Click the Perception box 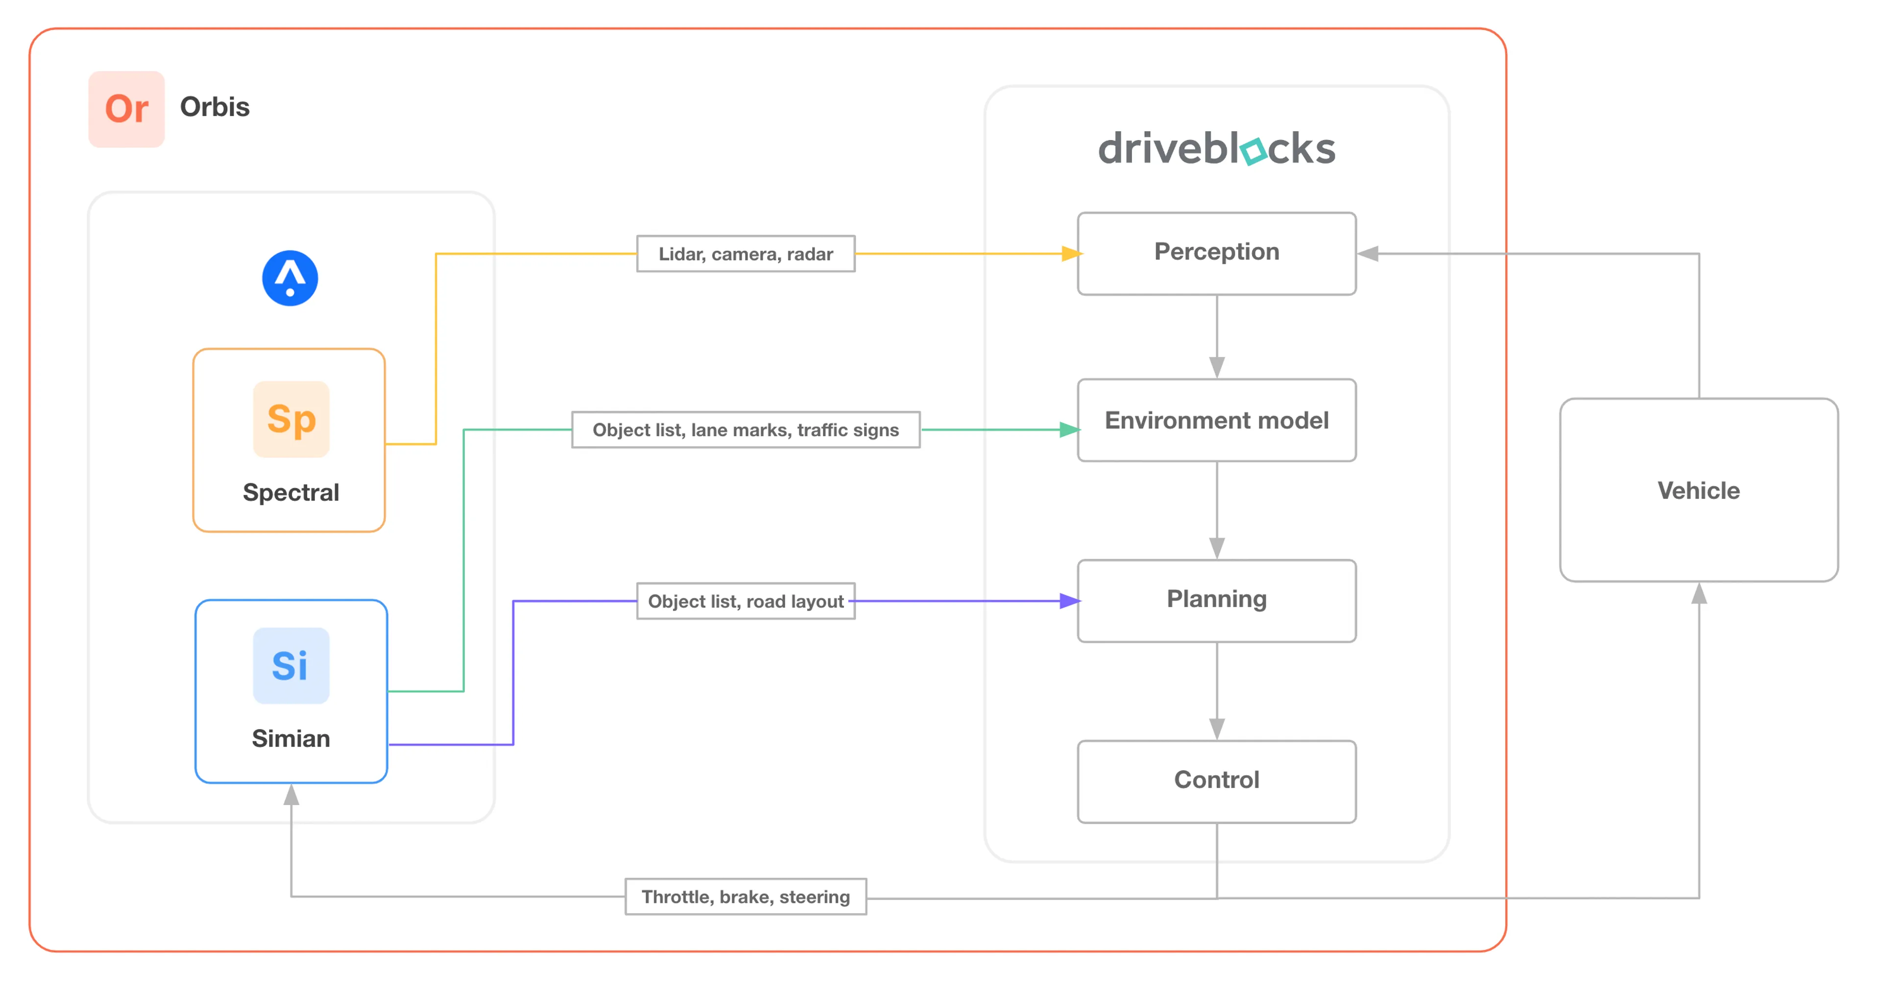pyautogui.click(x=1216, y=253)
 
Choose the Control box pyautogui.click(x=1216, y=782)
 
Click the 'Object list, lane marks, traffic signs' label pyautogui.click(x=746, y=430)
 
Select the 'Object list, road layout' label pyautogui.click(x=746, y=601)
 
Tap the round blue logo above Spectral pyautogui.click(x=290, y=278)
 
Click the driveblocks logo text pyautogui.click(x=1216, y=148)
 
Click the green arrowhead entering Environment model pyautogui.click(x=1070, y=430)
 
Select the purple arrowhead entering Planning pyautogui.click(x=1070, y=601)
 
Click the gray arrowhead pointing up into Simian pyautogui.click(x=291, y=794)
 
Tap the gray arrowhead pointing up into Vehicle pyautogui.click(x=1699, y=593)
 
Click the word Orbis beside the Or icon pyautogui.click(x=215, y=107)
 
